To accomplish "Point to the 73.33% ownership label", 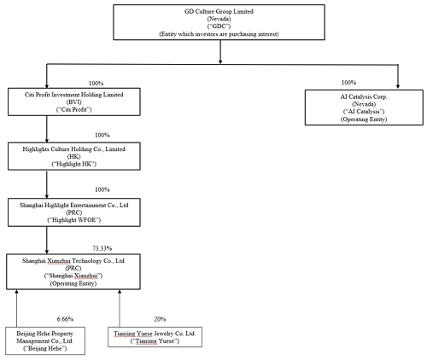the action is [x=102, y=248].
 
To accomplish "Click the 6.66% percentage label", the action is [x=65, y=319].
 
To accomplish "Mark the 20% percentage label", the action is [x=160, y=319].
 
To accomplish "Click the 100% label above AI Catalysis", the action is [x=348, y=83].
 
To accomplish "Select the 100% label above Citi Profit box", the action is [x=96, y=84].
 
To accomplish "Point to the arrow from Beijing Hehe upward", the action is [x=16, y=308].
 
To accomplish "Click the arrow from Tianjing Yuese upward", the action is [x=120, y=308].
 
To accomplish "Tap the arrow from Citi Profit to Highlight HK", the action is [x=47, y=129].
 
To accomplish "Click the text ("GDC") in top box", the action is [x=219, y=26].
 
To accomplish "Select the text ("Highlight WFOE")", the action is [x=74, y=220].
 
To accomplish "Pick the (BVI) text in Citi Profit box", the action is [x=74, y=102].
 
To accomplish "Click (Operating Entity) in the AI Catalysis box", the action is [x=364, y=119].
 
